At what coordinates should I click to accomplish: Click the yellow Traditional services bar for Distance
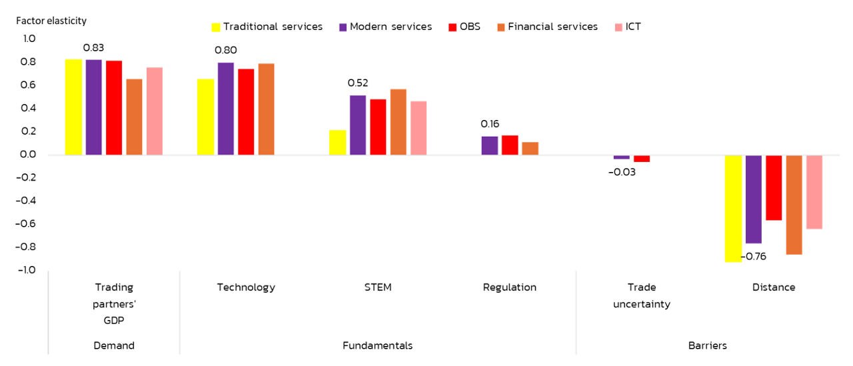733,208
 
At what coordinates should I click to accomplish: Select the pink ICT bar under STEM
419,128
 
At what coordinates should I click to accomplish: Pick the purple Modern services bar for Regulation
489,145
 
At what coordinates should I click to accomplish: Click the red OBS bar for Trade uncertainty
642,159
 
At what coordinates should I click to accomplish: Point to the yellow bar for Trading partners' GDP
73,107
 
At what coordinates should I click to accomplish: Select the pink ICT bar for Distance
814,192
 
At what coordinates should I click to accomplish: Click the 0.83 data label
93,48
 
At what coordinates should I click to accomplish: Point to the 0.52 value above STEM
358,83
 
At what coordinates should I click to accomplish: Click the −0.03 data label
622,172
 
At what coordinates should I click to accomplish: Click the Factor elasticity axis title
51,21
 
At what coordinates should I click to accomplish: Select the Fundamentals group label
377,345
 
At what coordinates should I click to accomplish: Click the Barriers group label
707,345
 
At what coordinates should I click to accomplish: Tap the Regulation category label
509,287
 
